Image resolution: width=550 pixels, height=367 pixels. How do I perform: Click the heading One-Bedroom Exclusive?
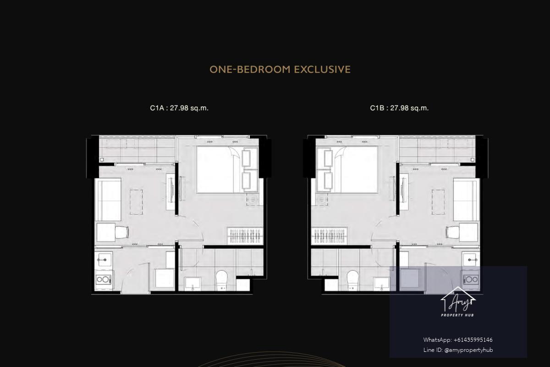pos(280,70)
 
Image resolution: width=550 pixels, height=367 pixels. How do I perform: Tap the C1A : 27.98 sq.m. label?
pos(179,108)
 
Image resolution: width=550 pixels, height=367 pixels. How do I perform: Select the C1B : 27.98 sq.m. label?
pos(399,108)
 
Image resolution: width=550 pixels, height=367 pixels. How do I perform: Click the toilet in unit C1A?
pos(222,280)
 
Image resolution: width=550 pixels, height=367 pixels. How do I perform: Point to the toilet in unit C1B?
pos(352,280)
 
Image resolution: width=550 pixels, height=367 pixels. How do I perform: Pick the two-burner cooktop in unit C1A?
pos(104,279)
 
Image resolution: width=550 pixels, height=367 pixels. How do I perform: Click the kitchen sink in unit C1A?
pos(104,259)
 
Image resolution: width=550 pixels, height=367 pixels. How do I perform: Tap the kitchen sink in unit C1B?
pos(471,259)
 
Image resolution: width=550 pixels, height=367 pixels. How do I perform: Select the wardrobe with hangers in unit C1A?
pos(245,236)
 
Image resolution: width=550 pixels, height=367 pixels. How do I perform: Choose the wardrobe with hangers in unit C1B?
pos(329,236)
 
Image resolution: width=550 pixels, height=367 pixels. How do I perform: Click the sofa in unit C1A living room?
pos(108,200)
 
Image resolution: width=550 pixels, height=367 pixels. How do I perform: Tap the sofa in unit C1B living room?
pos(467,200)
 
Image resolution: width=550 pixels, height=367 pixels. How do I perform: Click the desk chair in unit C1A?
pos(122,232)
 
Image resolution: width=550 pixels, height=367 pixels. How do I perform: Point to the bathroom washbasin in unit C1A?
pos(193,284)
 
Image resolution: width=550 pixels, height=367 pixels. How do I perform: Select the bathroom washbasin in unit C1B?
pos(381,284)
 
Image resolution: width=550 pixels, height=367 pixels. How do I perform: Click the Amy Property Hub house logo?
pos(458,301)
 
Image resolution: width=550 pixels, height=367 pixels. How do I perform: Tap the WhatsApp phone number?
pos(473,340)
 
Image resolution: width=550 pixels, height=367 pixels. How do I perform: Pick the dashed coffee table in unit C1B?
pos(438,202)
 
